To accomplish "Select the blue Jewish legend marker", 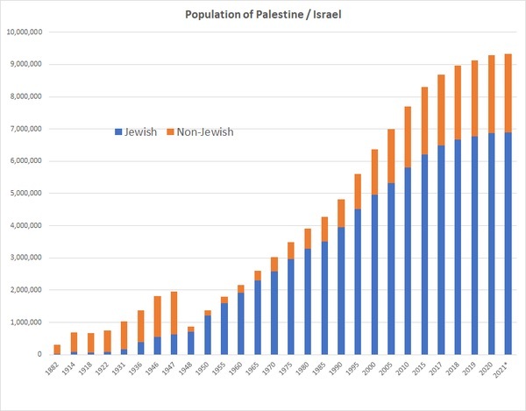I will (x=119, y=132).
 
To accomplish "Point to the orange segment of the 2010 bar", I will (x=407, y=137).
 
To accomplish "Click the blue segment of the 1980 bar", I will (x=309, y=301).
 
